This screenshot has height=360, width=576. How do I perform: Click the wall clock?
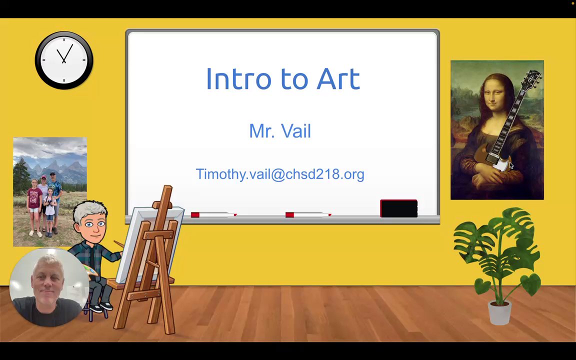[x=64, y=60]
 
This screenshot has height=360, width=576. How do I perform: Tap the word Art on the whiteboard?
[x=338, y=78]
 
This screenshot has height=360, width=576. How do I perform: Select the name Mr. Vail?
[x=280, y=131]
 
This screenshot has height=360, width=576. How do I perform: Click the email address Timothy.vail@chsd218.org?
[x=280, y=174]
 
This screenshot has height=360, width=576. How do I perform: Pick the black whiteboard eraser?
[x=398, y=208]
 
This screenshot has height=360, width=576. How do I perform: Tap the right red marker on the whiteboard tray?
[x=308, y=214]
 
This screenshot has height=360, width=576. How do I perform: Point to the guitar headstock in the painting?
[x=532, y=78]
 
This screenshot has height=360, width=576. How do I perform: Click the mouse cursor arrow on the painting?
[x=511, y=165]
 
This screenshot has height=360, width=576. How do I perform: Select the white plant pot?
[x=499, y=312]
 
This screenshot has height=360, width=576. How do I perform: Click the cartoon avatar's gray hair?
[x=89, y=211]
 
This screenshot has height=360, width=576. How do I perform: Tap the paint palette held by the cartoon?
[x=90, y=270]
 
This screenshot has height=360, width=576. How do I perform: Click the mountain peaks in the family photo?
[x=55, y=169]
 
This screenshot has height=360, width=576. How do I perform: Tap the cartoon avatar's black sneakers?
[x=100, y=307]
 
